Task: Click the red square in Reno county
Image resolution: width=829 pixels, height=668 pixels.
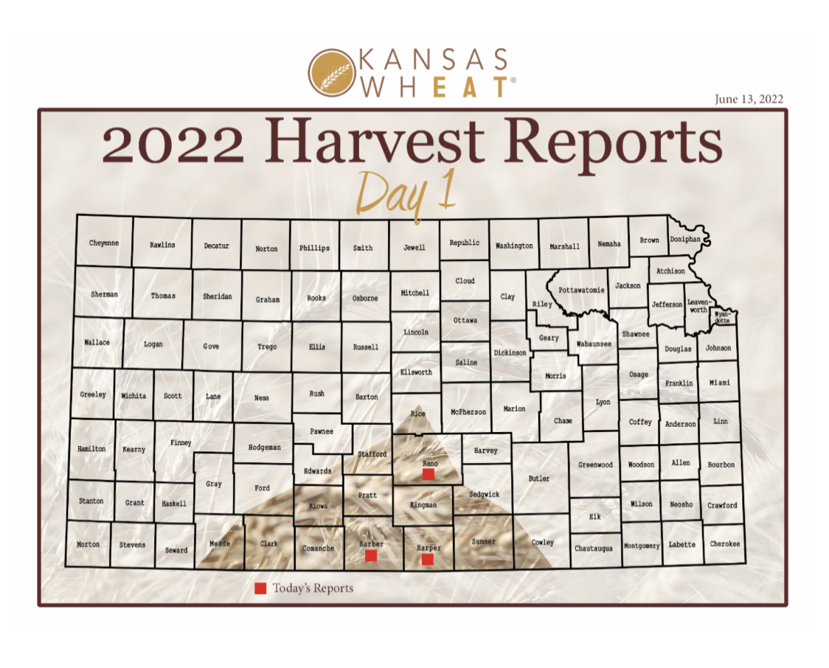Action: [x=428, y=476]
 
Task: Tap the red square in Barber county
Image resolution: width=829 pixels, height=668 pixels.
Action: [x=371, y=555]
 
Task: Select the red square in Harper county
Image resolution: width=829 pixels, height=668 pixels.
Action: [x=427, y=560]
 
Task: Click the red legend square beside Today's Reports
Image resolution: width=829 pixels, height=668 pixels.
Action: [x=260, y=588]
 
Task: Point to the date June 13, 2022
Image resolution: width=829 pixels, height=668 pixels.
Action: [x=748, y=99]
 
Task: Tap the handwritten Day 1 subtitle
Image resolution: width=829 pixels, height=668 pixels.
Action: [x=407, y=192]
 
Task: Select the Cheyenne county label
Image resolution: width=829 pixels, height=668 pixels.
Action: [x=104, y=243]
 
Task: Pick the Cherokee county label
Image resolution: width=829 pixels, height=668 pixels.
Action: [x=725, y=544]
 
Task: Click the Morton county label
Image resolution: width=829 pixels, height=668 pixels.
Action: [x=89, y=544]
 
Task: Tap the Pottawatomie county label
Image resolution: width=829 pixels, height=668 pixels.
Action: [x=581, y=290]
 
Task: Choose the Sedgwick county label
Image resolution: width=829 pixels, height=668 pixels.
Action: [x=485, y=494]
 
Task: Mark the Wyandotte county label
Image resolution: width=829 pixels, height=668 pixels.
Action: [x=722, y=318]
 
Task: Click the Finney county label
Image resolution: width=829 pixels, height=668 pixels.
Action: [x=181, y=442]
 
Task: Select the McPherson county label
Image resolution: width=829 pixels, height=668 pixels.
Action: [x=468, y=411]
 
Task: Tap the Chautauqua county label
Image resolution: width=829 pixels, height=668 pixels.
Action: [x=594, y=549]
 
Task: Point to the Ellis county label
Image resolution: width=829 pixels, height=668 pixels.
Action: [x=317, y=347]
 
